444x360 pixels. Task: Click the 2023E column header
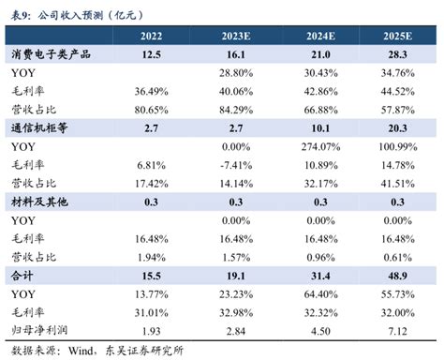point(236,37)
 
